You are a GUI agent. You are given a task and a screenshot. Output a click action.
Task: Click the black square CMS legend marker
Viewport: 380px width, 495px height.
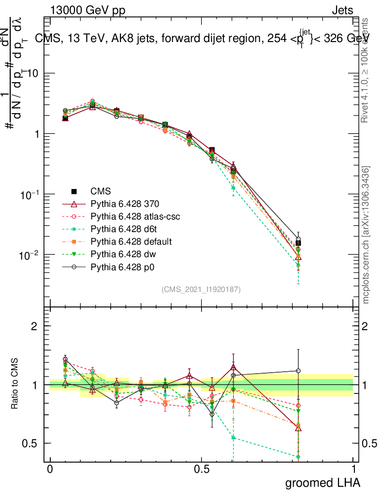coord(74,191)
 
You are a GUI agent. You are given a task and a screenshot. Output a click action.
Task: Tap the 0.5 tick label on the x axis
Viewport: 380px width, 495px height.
coord(201,469)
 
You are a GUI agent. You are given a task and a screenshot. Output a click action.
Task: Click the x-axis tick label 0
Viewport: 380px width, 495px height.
coord(50,469)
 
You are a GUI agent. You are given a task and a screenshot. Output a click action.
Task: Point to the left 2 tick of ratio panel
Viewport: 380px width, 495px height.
coord(34,326)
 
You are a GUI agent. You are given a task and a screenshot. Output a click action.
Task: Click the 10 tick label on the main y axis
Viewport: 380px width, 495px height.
coord(31,73)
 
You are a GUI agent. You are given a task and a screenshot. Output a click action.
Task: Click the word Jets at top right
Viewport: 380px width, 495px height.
coord(342,10)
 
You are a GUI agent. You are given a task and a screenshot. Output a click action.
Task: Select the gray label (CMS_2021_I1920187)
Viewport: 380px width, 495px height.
coord(201,289)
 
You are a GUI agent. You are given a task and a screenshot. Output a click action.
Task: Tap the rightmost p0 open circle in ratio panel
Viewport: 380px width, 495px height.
coord(298,371)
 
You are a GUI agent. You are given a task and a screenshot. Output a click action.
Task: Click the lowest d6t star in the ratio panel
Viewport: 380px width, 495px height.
coord(298,457)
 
